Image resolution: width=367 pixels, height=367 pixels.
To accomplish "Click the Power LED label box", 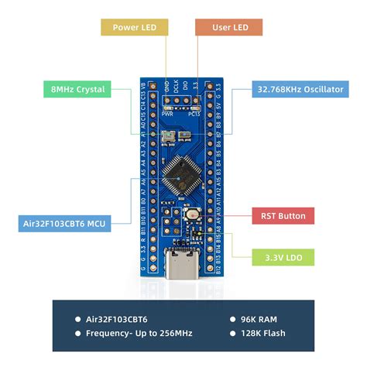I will (135, 28).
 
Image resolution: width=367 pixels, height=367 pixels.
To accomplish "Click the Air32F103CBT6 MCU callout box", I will (65, 225).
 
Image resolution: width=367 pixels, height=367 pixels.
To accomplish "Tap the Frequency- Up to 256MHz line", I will (140, 334).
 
